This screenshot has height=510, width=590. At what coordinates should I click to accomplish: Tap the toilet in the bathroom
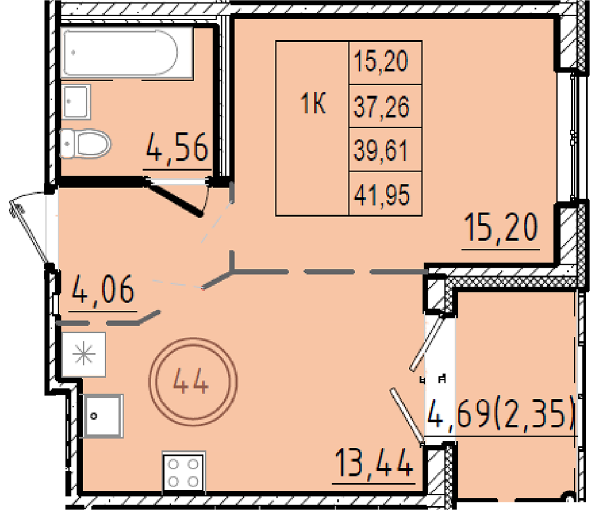point(86,143)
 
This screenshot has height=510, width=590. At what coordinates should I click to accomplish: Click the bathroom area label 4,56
point(177,148)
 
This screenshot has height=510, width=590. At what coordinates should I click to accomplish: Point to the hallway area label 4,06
point(103,290)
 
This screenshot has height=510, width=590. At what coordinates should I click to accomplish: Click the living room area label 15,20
point(501,227)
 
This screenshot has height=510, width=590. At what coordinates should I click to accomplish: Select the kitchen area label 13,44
point(373,463)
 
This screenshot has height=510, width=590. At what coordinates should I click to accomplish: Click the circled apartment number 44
point(193,382)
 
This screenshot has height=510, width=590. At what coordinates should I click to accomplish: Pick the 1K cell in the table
point(312,128)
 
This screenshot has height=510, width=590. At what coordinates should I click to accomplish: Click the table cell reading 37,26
point(385,106)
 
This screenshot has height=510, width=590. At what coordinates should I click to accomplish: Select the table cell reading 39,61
point(385,150)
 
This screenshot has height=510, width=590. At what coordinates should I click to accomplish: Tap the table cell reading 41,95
point(385,194)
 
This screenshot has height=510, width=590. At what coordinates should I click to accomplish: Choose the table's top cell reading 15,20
point(385,63)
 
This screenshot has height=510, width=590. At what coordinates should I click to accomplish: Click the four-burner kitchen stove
point(183,472)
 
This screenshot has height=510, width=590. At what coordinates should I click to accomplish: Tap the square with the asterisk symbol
point(84,354)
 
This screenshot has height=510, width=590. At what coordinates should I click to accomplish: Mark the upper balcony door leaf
point(427,342)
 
